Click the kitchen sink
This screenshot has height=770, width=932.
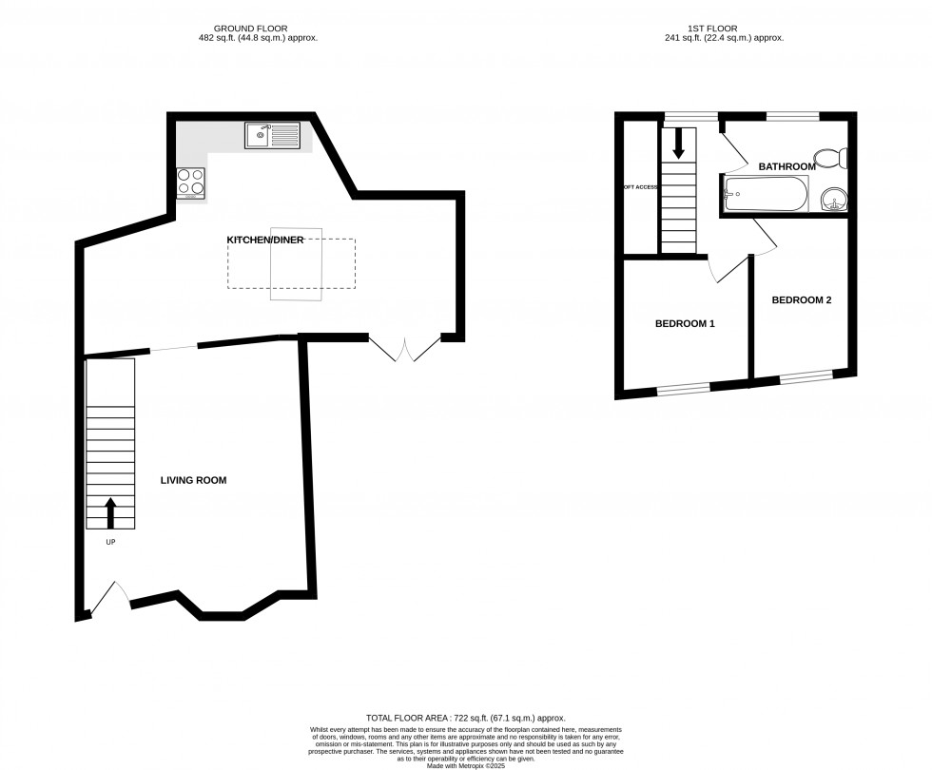[272, 136]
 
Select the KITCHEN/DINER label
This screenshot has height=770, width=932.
[264, 241]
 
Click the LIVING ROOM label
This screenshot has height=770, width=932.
[193, 481]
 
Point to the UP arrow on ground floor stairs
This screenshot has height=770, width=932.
[109, 512]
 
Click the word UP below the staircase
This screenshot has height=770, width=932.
[109, 542]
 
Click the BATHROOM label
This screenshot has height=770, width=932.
[786, 167]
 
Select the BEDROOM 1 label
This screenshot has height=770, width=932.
[685, 324]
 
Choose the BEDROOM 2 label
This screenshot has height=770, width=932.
[801, 300]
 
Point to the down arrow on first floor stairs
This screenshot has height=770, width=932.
[678, 143]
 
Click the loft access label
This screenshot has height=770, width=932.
[640, 187]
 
